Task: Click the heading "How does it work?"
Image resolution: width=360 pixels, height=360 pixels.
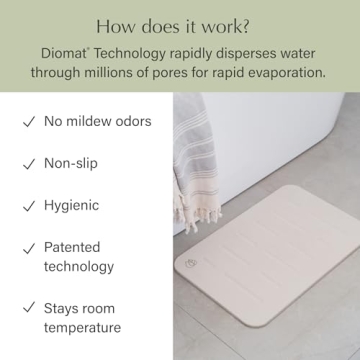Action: [x=179, y=25]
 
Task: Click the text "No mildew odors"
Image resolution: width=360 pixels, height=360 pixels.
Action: [x=98, y=122]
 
